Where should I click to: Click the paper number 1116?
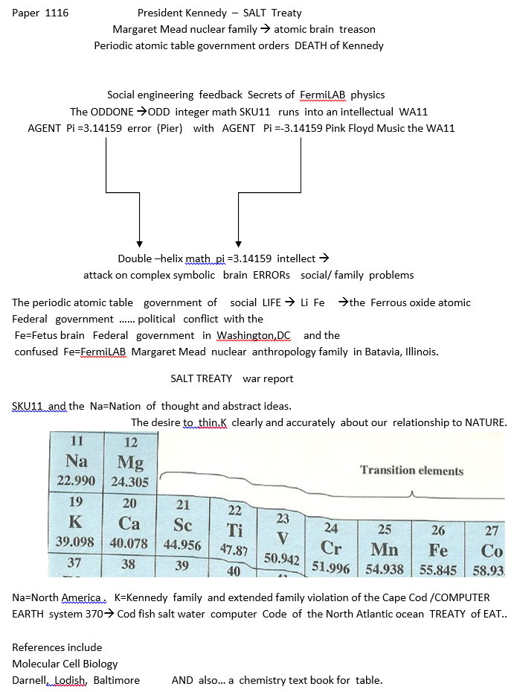(x=57, y=13)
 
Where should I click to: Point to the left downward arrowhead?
(x=139, y=242)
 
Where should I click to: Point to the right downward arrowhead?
(x=238, y=242)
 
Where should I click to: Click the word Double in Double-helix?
(x=134, y=259)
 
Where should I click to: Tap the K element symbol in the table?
(x=74, y=521)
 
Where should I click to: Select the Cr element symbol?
(x=331, y=547)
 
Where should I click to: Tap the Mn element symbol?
(x=384, y=550)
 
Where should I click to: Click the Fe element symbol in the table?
(x=437, y=550)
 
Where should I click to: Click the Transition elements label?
(x=411, y=471)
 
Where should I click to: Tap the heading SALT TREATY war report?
(x=231, y=378)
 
